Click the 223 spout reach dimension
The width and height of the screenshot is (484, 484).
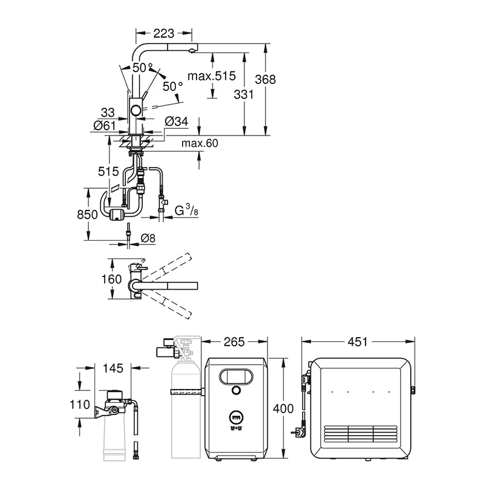click(163, 33)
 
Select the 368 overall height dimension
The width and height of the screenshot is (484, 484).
click(265, 80)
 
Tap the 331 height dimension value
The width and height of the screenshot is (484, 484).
click(244, 94)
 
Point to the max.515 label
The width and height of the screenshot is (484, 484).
click(212, 76)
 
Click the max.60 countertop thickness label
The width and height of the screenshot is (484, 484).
click(200, 143)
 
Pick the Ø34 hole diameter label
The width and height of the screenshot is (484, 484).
click(176, 122)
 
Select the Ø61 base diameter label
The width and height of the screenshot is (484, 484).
click(105, 126)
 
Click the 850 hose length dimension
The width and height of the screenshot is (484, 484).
click(87, 215)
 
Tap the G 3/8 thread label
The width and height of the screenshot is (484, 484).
click(186, 210)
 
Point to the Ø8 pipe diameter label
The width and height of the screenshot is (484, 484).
click(148, 238)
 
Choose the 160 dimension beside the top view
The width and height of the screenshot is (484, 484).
click(111, 280)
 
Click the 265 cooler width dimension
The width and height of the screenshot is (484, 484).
click(234, 342)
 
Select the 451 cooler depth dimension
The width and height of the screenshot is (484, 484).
click(358, 342)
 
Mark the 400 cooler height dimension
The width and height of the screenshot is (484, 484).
click(283, 409)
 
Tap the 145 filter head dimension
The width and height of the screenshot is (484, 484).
click(113, 368)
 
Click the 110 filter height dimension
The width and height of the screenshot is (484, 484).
click(80, 404)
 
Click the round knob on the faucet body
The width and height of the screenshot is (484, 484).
click(136, 110)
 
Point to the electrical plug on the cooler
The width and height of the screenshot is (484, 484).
click(298, 432)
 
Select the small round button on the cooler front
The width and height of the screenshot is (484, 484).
click(236, 390)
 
